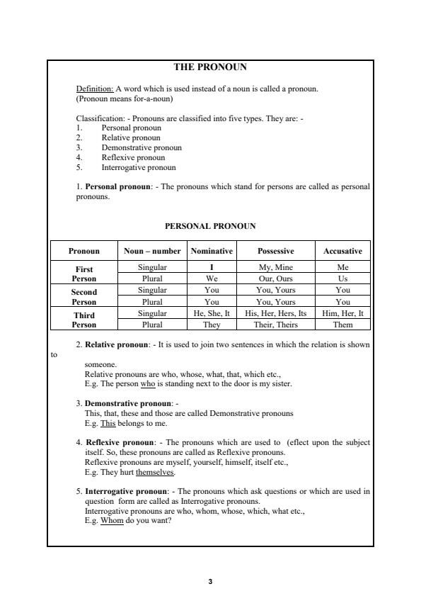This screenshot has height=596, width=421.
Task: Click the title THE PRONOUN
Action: pos(210,67)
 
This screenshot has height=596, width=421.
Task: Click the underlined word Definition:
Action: pos(94,89)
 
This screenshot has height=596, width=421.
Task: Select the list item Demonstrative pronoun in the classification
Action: pos(142,147)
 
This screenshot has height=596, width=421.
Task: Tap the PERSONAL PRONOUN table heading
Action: pos(210,226)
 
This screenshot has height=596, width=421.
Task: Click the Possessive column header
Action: pos(275,251)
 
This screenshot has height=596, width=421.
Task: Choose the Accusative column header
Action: pos(342,251)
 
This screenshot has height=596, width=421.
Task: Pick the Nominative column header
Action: pos(212,251)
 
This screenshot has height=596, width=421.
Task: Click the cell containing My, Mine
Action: pos(275,267)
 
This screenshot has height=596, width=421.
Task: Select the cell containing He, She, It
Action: pos(212,313)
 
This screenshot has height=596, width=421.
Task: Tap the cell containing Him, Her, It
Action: pos(342,313)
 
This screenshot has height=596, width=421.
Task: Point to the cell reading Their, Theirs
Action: pos(275,325)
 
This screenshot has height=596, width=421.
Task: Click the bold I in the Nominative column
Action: pos(212,267)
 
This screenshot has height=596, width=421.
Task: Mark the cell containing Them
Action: pos(342,325)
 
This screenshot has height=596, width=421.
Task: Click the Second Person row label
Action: pos(84,296)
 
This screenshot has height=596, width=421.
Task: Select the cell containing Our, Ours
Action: pos(275,279)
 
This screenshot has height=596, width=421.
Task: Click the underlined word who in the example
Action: pos(148,383)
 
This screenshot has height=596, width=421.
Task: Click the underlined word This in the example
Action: pos(108,423)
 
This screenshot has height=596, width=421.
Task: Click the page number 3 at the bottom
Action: pos(210,581)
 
